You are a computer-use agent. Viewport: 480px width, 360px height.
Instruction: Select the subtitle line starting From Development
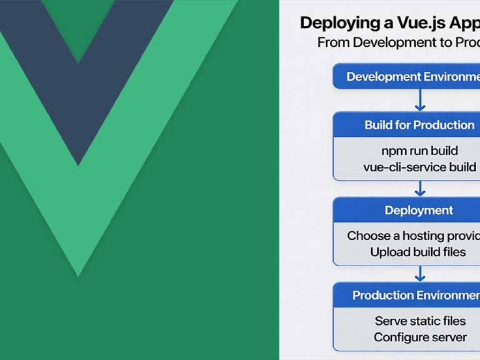398,43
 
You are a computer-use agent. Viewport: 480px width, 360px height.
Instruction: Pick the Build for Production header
420,125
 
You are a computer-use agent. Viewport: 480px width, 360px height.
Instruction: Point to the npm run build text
420,151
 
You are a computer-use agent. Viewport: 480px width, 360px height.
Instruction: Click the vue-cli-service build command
420,167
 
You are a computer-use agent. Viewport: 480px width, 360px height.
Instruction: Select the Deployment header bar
419,210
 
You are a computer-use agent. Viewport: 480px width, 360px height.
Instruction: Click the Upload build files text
418,252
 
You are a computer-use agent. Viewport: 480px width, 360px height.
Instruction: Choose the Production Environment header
415,295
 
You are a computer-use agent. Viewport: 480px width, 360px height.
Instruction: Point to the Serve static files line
420,321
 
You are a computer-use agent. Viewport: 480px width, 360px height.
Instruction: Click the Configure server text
420,337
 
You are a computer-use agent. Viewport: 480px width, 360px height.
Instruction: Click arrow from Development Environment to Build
420,100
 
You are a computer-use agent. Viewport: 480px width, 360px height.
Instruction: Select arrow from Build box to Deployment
420,188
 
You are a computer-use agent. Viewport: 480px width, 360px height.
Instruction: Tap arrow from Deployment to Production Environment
420,274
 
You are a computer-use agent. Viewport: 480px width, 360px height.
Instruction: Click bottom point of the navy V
78,162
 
